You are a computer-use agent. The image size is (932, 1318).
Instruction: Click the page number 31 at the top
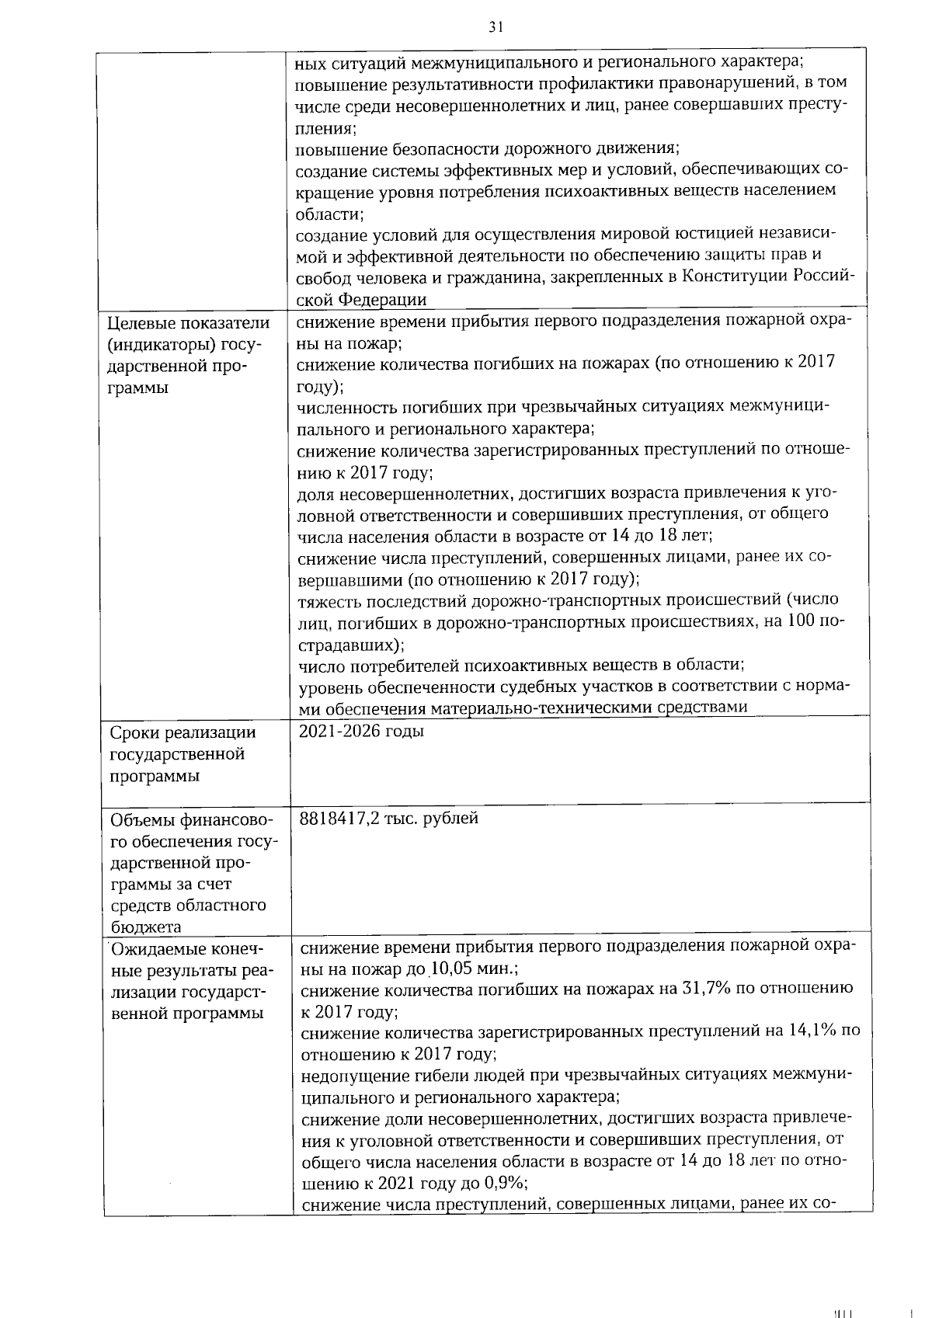496,27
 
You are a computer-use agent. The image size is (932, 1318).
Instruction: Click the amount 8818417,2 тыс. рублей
389,818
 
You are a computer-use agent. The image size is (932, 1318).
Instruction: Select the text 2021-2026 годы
361,732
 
